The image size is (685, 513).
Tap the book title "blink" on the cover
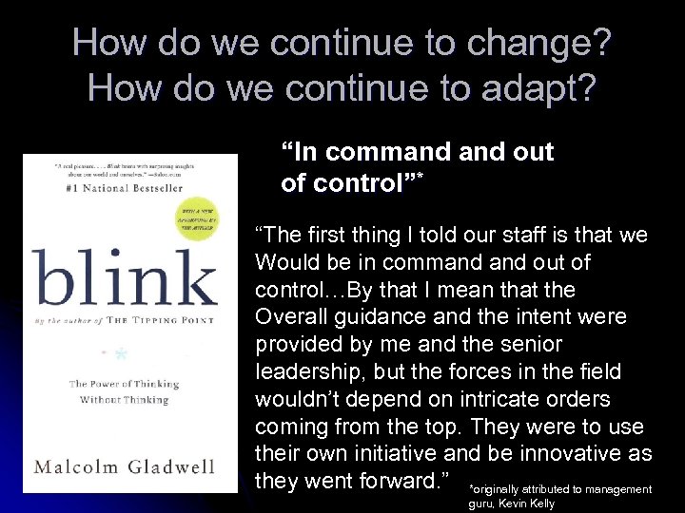click(x=124, y=277)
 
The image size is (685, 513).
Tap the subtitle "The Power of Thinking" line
click(x=124, y=384)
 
